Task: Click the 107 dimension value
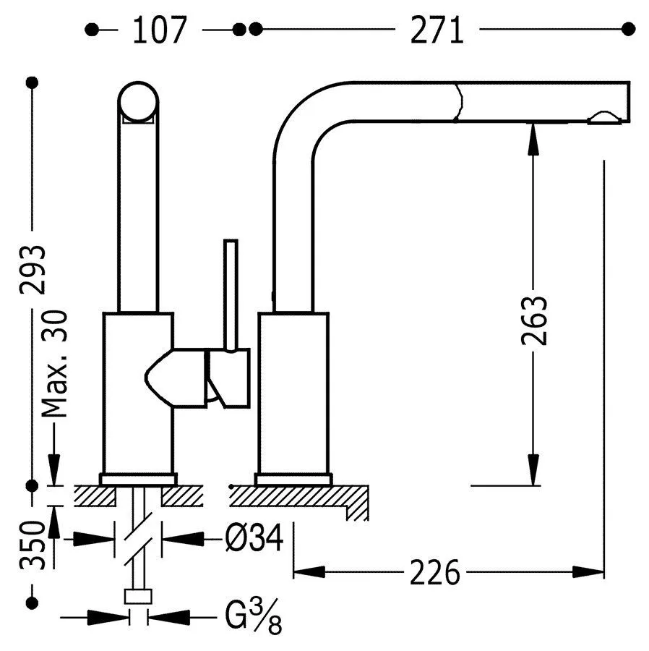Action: point(160,30)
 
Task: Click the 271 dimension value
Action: point(437,30)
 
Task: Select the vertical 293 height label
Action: point(33,270)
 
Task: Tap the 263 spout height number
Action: point(533,320)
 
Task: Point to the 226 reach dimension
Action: point(435,572)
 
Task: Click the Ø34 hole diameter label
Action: point(254,538)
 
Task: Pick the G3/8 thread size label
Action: point(254,616)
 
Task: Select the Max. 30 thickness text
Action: point(54,364)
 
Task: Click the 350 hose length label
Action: point(33,545)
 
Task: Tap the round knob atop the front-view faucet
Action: point(138,102)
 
